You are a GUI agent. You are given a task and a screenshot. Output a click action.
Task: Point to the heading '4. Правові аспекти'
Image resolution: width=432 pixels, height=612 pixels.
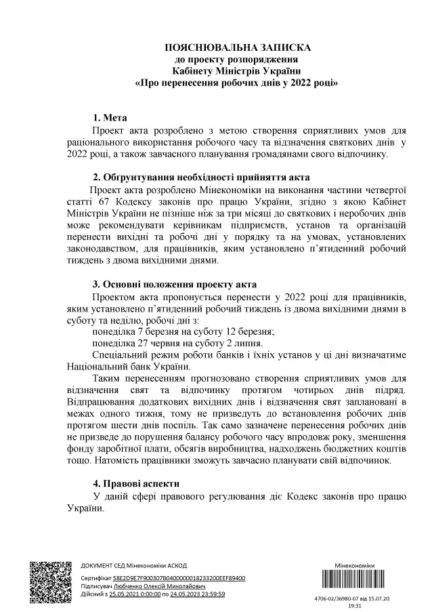point(137,484)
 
